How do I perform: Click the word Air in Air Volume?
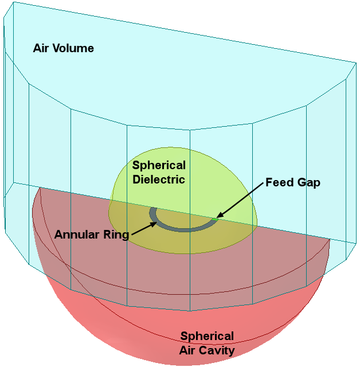pyautogui.click(x=41, y=48)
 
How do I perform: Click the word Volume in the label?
pyautogui.click(x=73, y=48)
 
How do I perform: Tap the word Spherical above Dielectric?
pyautogui.click(x=159, y=166)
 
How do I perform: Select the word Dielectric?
pyautogui.click(x=159, y=179)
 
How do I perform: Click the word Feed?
pyautogui.click(x=280, y=182)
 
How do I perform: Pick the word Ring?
pyautogui.click(x=116, y=235)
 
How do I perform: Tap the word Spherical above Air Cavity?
pyautogui.click(x=207, y=337)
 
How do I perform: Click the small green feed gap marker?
pyautogui.click(x=215, y=219)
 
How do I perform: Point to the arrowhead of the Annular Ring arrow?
pyautogui.click(x=153, y=224)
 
